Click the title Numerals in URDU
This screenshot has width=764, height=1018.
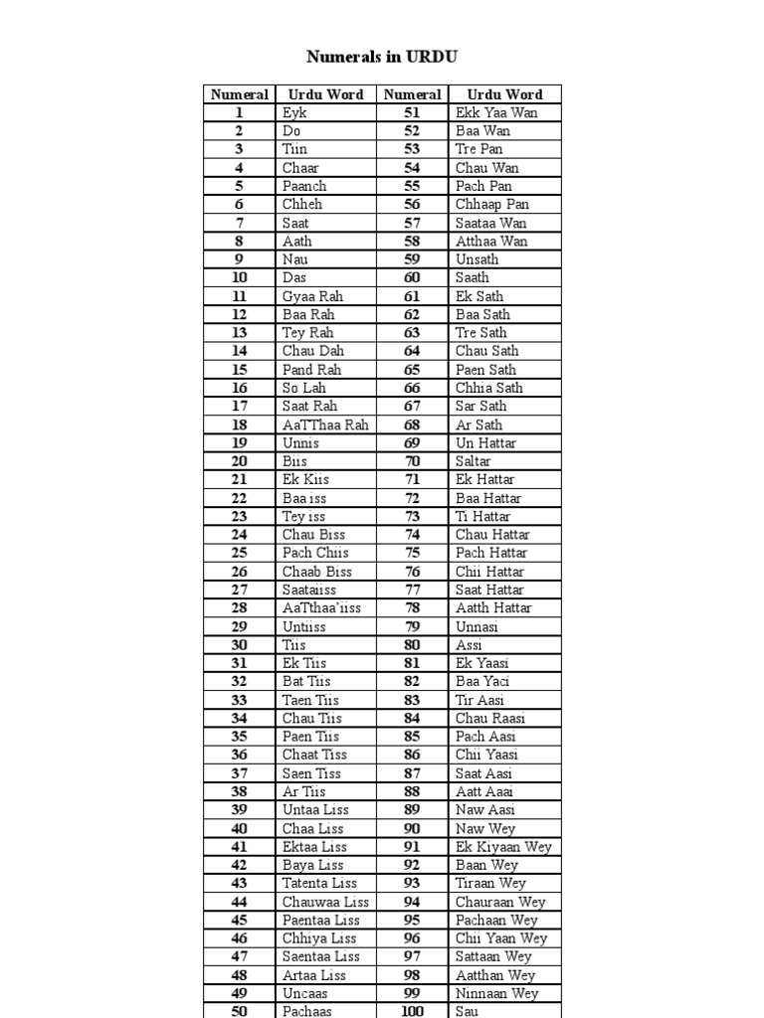pos(382,57)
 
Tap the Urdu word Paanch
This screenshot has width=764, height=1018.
pos(304,186)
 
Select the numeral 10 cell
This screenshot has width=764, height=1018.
pos(240,277)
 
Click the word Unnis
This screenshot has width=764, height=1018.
pos(301,442)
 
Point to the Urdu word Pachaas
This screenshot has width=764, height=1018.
pos(307,1011)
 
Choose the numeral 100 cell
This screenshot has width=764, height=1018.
pos(412,1011)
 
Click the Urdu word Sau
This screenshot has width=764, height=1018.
pos(467,1011)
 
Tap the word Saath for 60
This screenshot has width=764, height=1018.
pos(473,277)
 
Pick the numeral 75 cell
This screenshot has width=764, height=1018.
pos(412,553)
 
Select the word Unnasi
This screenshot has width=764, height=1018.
pos(477,626)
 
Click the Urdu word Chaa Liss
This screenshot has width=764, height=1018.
pos(312,828)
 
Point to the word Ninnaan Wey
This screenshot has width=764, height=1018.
pos(496,993)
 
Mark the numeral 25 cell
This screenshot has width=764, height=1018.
pos(240,553)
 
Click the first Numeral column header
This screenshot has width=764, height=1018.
pos(240,94)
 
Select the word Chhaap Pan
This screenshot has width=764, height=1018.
pos(492,205)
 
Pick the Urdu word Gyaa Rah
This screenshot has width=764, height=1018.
pos(311,296)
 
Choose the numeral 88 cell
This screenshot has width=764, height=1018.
pos(412,791)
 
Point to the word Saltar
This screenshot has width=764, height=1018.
pos(474,461)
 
